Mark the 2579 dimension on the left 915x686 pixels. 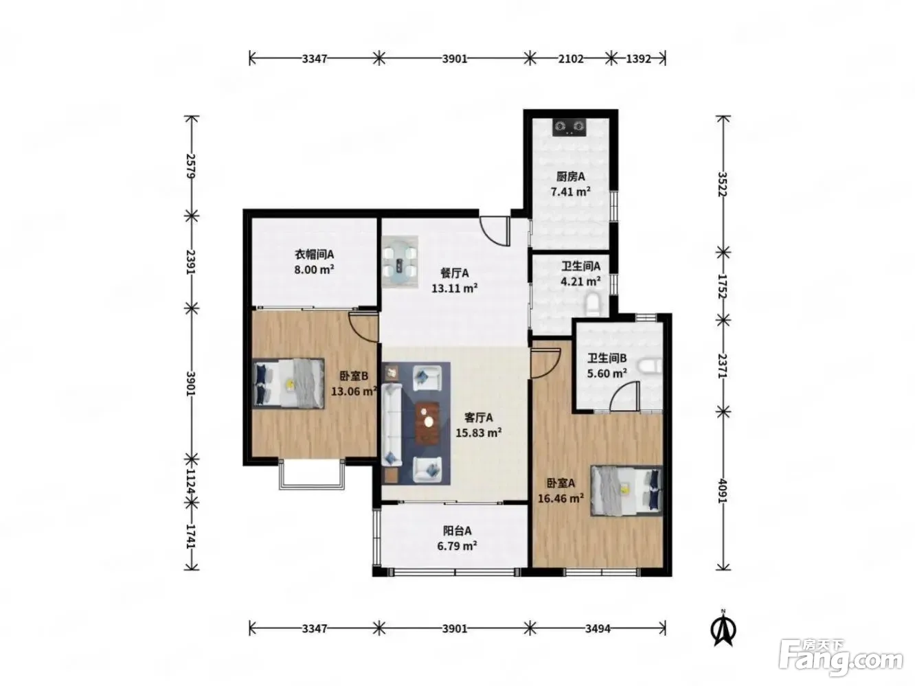(x=190, y=166)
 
